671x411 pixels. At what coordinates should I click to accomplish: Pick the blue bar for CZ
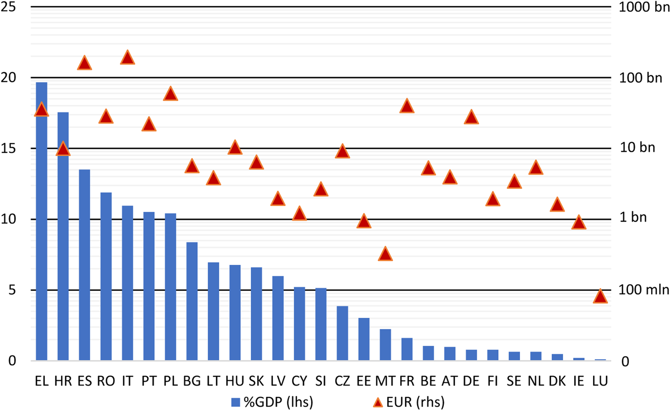pos(342,333)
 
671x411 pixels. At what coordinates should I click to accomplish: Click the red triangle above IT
pos(127,58)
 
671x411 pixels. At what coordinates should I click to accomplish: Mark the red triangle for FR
pos(407,107)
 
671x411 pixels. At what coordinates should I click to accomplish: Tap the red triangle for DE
pos(471,118)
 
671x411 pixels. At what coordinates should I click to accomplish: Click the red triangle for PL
pos(170,94)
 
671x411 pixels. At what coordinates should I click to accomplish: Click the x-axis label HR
pos(63,381)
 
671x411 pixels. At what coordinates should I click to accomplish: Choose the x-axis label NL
pos(536,381)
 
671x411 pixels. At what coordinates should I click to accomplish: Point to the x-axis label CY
pos(299,381)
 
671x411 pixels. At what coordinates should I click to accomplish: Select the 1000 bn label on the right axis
pos(644,7)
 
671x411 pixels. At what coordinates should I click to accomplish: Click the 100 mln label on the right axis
pos(644,290)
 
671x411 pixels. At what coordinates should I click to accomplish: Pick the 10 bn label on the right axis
pos(637,148)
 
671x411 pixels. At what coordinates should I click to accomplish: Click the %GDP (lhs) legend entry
pos(273,402)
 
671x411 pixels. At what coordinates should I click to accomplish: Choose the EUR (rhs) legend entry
pos(409,402)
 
